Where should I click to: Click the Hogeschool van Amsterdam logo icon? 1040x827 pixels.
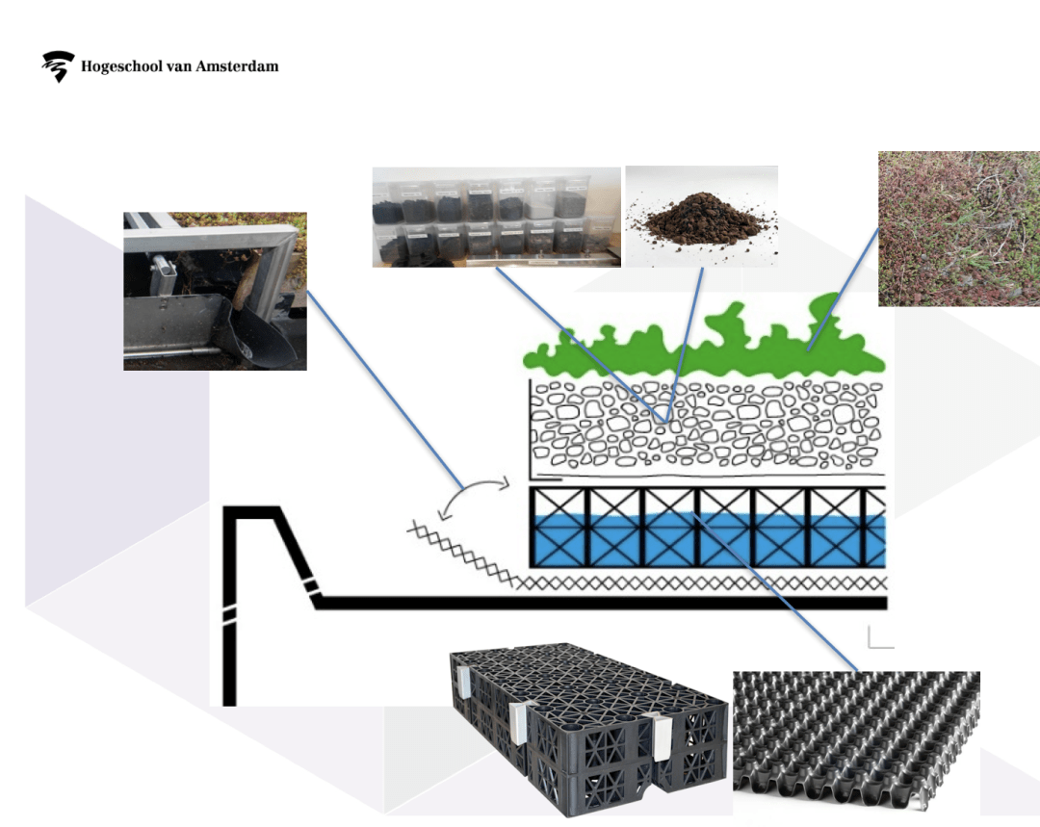point(58,66)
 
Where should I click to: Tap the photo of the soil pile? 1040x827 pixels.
point(701,216)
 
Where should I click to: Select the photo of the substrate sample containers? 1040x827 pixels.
point(496,217)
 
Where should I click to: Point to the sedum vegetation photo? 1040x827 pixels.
point(959,229)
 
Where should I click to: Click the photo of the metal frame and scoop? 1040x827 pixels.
point(215,291)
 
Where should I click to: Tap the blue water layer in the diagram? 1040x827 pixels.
point(708,539)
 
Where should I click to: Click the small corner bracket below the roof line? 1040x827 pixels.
point(878,638)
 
